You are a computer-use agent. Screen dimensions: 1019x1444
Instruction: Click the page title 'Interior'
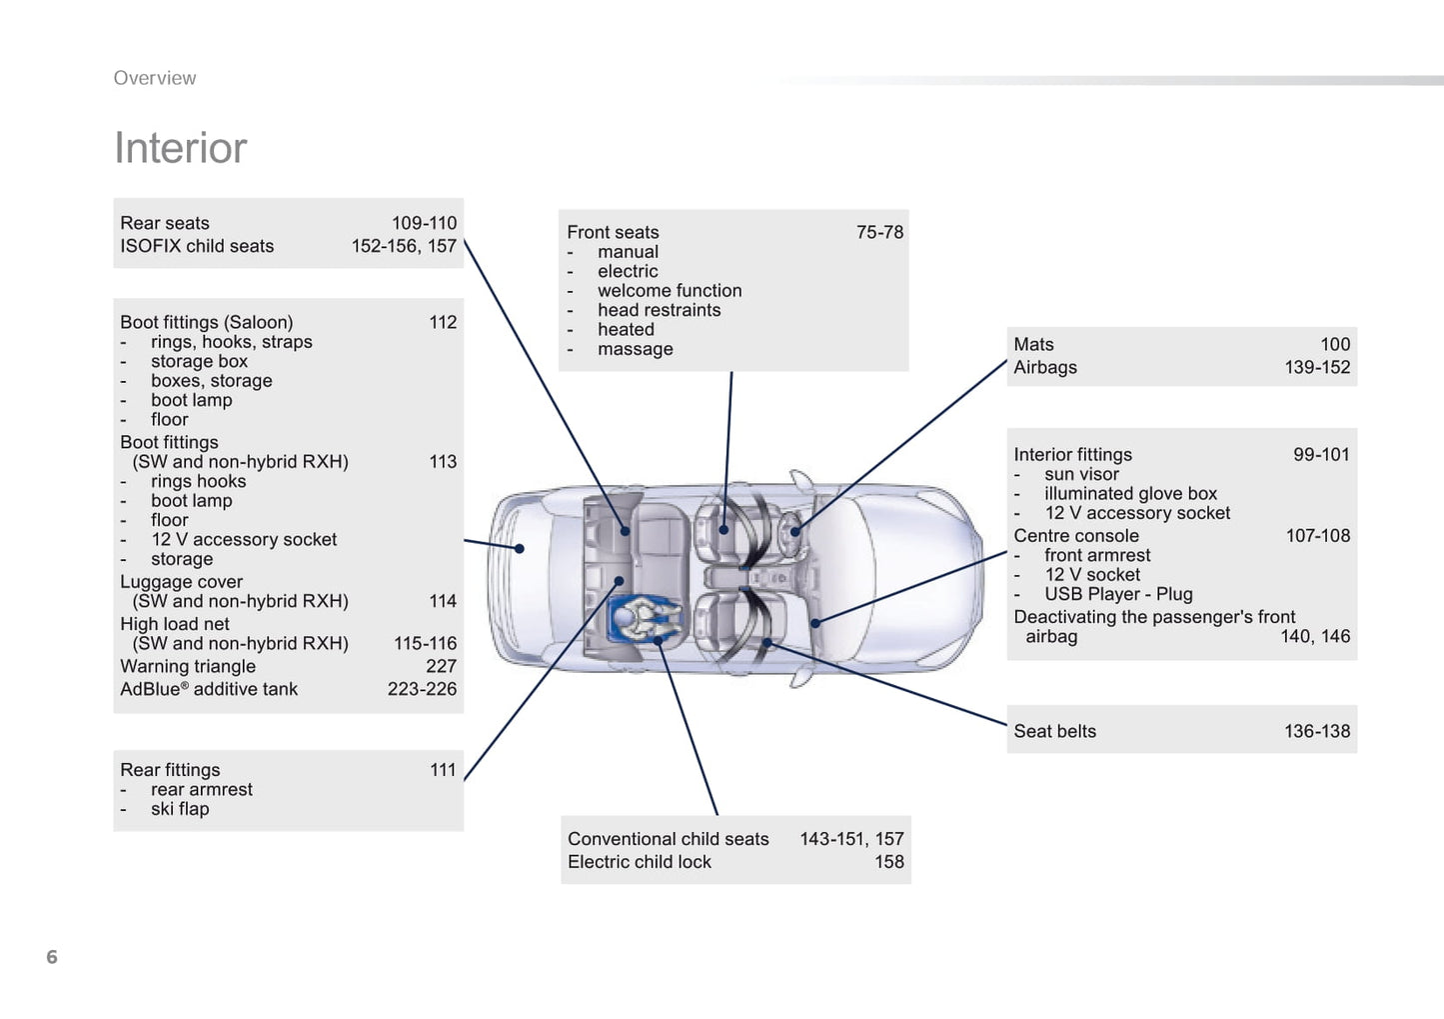point(180,148)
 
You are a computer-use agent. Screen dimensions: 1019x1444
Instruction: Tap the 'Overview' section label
point(155,78)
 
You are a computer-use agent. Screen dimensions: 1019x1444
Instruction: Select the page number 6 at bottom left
point(52,957)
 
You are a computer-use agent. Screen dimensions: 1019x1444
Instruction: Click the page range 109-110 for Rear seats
point(424,223)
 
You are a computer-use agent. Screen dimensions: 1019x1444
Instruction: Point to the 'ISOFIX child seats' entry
point(197,246)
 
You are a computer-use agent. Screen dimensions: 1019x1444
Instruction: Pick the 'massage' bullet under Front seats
point(635,349)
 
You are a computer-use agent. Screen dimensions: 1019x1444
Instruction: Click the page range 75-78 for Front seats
point(879,232)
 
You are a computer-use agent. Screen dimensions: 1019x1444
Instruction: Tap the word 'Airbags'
point(1045,367)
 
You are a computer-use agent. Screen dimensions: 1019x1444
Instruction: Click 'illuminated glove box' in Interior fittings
point(1130,493)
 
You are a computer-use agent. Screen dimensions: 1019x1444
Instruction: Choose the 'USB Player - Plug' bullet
point(1118,594)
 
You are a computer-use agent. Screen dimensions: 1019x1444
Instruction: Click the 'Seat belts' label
point(1054,731)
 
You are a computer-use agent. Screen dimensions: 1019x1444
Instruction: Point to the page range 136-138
point(1316,731)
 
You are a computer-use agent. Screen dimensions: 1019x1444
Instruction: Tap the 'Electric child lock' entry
point(640,862)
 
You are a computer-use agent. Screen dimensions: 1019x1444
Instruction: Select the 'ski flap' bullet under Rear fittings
point(180,809)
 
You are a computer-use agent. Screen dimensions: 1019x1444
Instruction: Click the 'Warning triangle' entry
point(188,666)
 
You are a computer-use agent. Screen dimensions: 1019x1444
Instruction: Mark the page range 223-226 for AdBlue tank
point(422,689)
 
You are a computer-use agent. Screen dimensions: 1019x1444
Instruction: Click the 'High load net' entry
point(175,624)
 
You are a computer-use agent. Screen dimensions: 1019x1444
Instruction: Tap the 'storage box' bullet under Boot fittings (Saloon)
point(199,361)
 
